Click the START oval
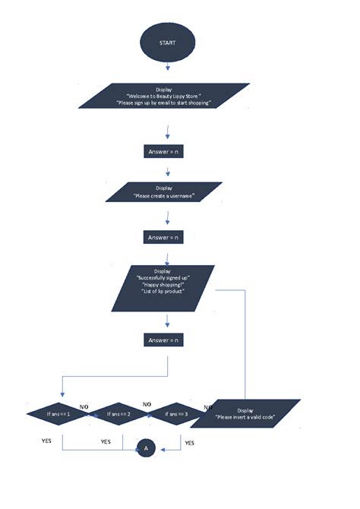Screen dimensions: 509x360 tap(166, 43)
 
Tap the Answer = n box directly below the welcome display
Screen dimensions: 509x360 tap(164, 152)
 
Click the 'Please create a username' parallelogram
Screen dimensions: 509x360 tap(164, 191)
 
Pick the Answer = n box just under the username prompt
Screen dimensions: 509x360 tap(164, 237)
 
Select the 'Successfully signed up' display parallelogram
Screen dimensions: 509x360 tap(163, 287)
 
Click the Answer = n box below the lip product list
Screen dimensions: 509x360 tap(164, 340)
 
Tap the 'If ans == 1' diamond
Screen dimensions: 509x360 tap(58, 414)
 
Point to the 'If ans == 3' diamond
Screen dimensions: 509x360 tap(177, 414)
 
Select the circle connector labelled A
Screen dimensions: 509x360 tap(147, 449)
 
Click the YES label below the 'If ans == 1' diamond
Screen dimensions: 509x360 tap(46, 440)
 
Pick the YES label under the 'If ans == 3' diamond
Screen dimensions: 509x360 tap(190, 442)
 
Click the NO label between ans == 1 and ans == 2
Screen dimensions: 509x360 tap(84, 407)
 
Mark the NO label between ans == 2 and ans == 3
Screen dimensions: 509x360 tap(147, 404)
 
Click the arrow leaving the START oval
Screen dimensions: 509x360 tap(166, 68)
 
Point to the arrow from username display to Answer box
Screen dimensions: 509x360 tap(166, 217)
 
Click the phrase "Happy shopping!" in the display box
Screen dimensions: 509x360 tap(163, 283)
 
